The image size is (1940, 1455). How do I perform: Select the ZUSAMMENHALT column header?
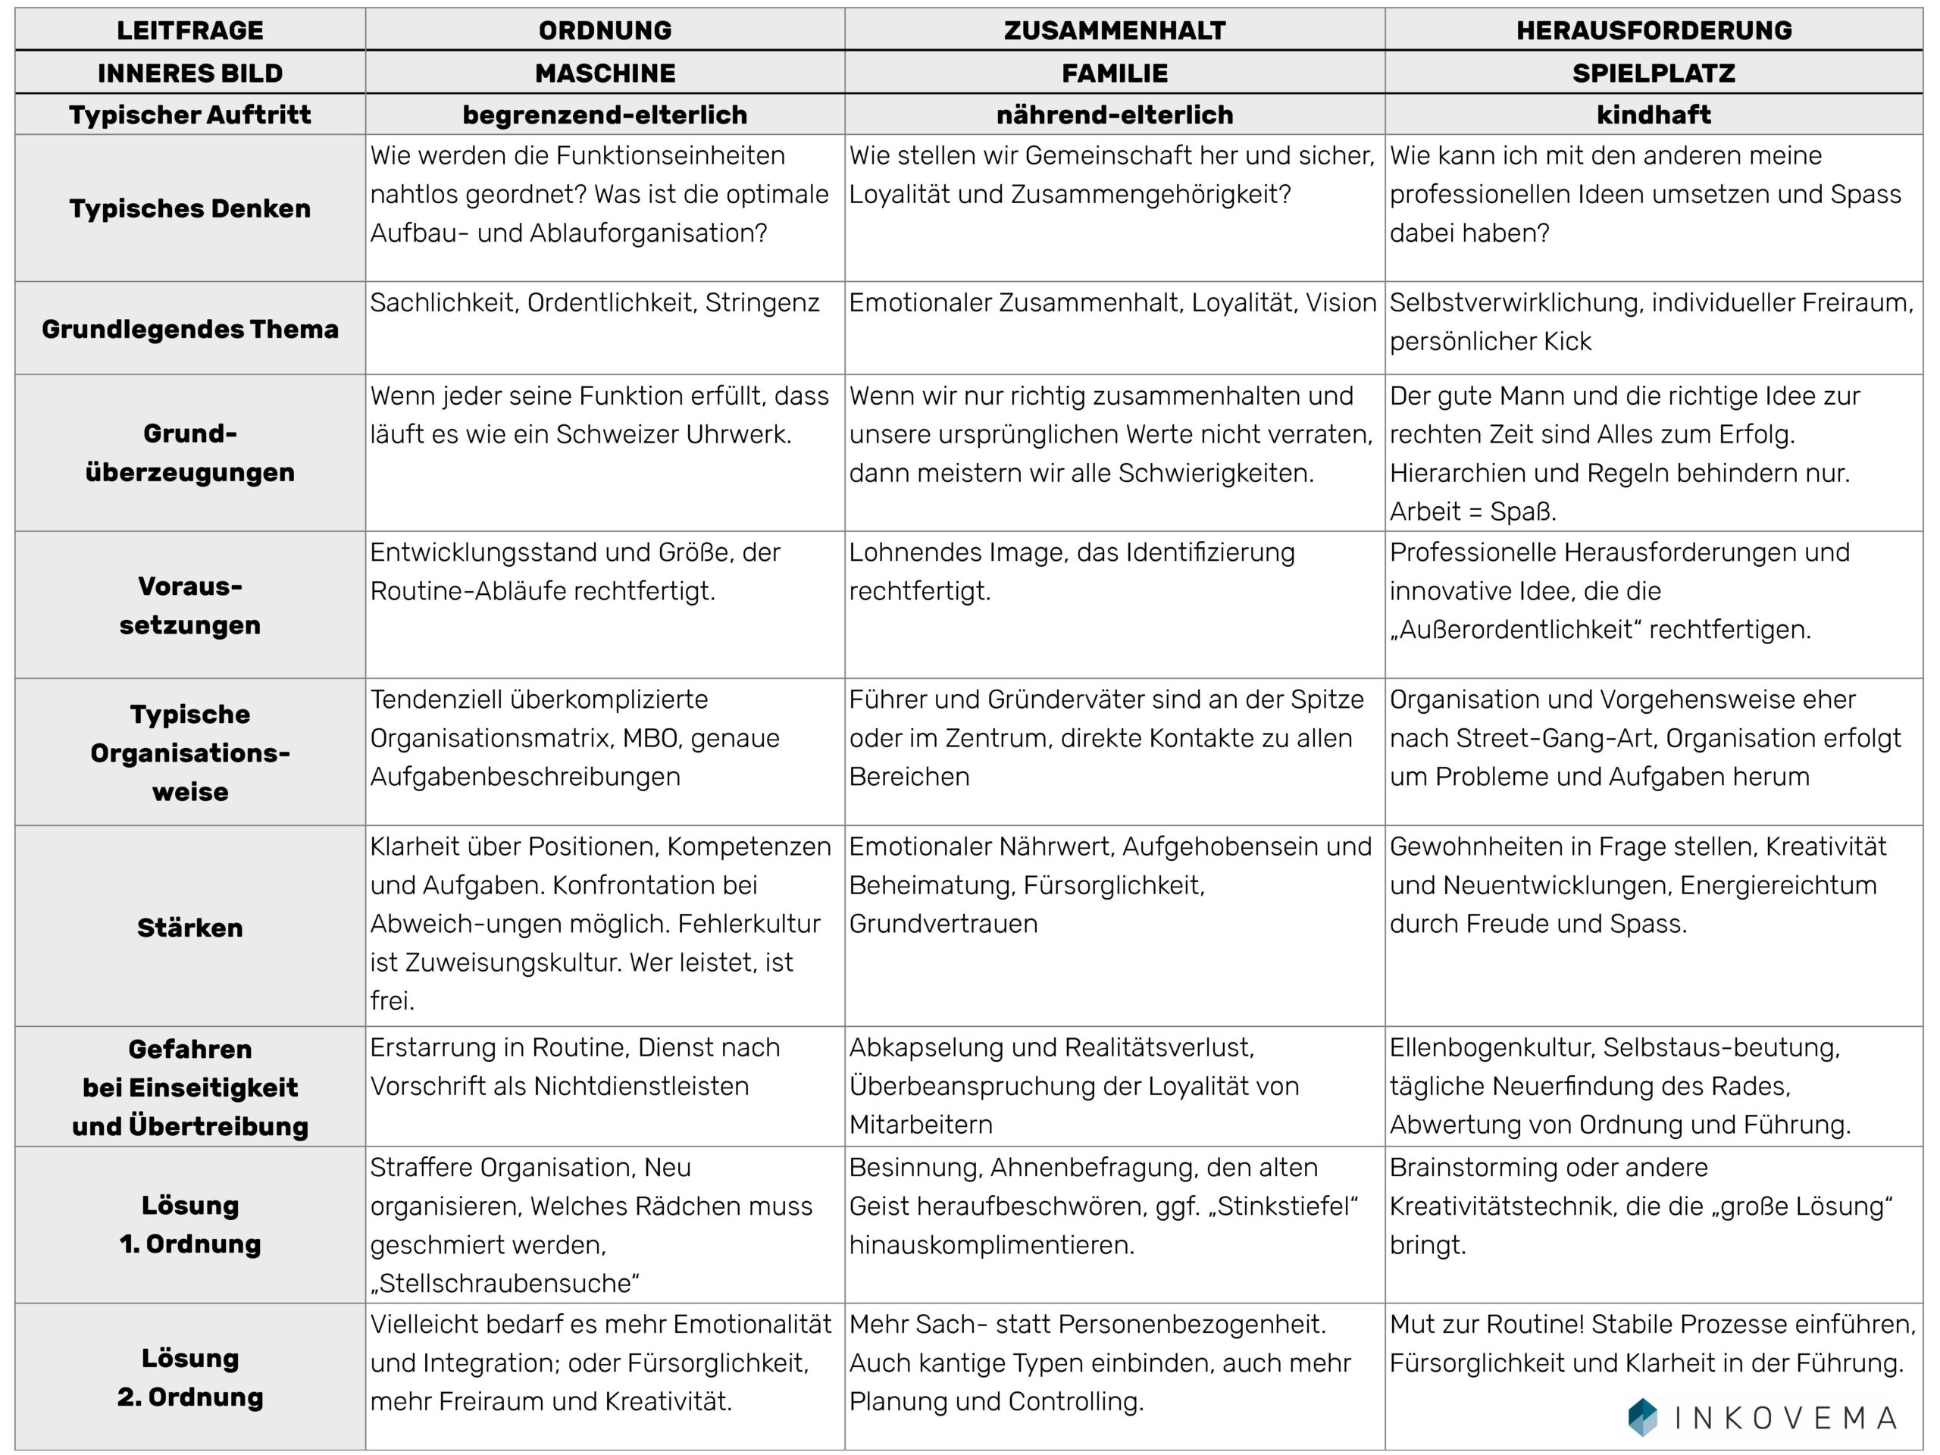tap(1114, 30)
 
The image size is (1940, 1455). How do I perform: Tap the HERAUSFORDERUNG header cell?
tap(1654, 30)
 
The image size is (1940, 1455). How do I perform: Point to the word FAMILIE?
tap(1114, 73)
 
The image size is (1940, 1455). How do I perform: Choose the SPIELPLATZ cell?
tap(1654, 73)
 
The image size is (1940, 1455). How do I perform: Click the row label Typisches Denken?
tap(189, 208)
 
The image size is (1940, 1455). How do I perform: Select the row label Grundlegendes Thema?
tap(189, 329)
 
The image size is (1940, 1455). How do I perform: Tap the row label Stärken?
tap(189, 928)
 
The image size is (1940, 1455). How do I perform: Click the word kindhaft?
tap(1654, 115)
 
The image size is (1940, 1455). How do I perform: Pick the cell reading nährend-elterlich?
tap(1114, 115)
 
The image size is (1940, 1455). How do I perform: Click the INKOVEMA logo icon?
tap(1642, 1416)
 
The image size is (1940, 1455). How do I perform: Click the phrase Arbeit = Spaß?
tap(1472, 512)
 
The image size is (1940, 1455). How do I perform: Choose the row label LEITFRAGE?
tap(189, 30)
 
